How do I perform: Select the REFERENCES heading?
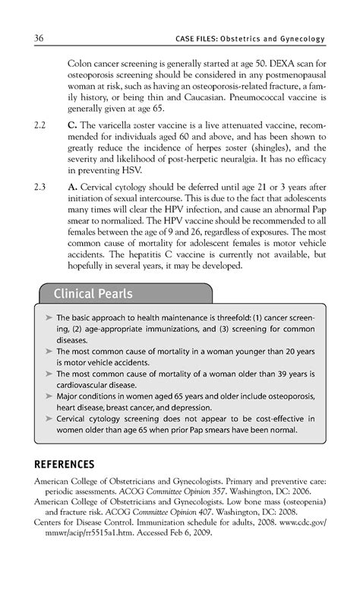(x=65, y=464)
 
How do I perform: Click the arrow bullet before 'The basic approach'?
(x=49, y=318)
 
